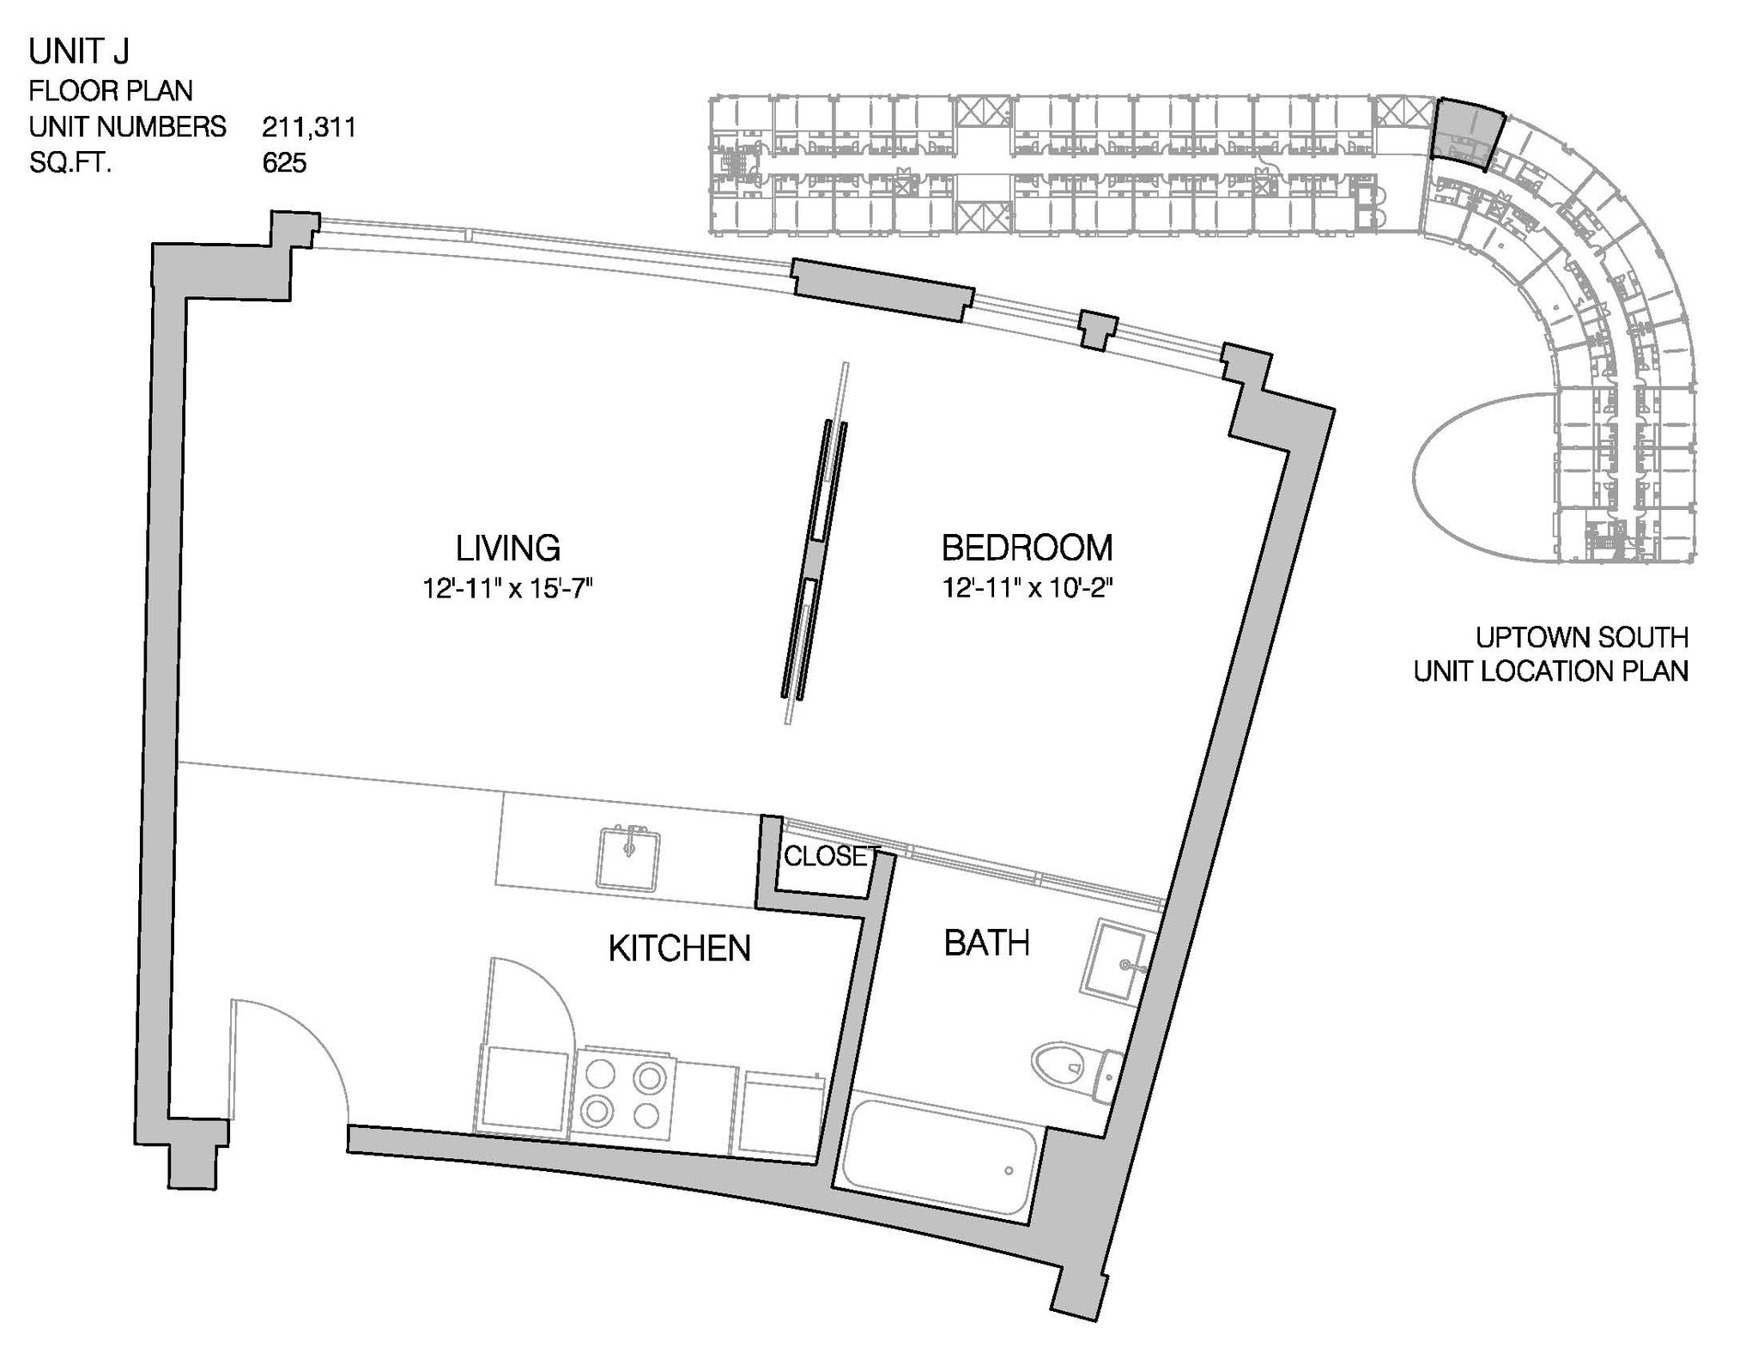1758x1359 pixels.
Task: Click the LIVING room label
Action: [507, 548]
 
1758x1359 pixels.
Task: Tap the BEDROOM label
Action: [1027, 548]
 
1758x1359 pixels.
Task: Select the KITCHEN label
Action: [679, 949]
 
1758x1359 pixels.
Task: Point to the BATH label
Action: [986, 943]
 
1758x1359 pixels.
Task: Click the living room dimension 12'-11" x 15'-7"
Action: [508, 589]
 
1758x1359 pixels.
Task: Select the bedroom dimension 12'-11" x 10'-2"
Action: [1028, 589]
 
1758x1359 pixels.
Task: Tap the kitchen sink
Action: [628, 858]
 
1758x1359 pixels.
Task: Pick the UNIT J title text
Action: [79, 52]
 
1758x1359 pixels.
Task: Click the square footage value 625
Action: [284, 163]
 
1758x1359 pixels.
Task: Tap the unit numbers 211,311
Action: [309, 127]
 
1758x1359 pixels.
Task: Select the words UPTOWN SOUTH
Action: [1581, 638]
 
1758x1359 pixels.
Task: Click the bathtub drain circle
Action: [1009, 1170]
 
